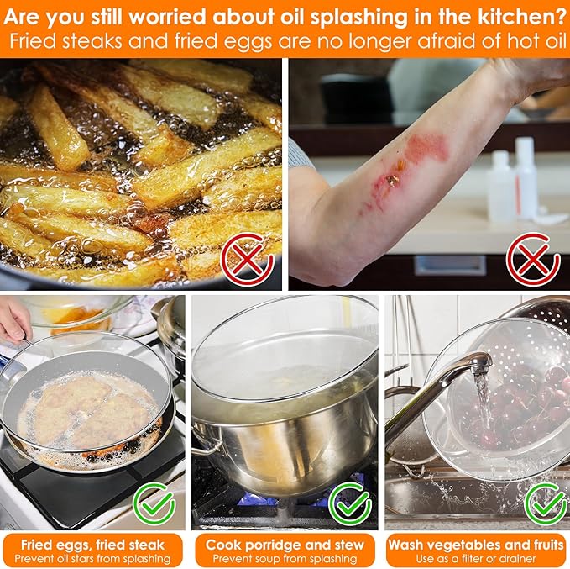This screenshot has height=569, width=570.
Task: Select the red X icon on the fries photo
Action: pyautogui.click(x=247, y=259)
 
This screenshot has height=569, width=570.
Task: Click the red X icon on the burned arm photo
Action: pyautogui.click(x=532, y=259)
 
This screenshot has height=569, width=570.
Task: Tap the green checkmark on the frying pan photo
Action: pyautogui.click(x=154, y=503)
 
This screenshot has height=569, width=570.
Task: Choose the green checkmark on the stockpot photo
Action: pyautogui.click(x=350, y=503)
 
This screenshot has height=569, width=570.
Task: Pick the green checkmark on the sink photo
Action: pyautogui.click(x=546, y=503)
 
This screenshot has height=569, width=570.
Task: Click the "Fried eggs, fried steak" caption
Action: pyautogui.click(x=92, y=545)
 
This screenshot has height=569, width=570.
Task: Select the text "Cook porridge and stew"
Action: pyautogui.click(x=285, y=545)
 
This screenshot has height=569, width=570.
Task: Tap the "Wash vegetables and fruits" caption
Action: pyautogui.click(x=476, y=545)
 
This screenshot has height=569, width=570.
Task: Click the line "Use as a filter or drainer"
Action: pyautogui.click(x=476, y=558)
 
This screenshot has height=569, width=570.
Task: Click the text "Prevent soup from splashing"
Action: pyautogui.click(x=285, y=558)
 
